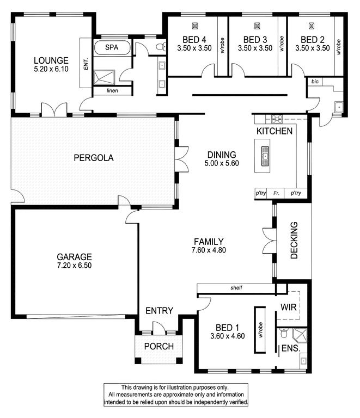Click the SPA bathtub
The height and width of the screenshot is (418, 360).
[112, 48]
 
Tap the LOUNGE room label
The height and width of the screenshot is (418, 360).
[51, 60]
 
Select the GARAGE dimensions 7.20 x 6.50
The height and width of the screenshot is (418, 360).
[75, 266]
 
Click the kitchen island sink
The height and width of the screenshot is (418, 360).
[265, 156]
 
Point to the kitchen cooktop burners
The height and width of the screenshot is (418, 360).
[277, 119]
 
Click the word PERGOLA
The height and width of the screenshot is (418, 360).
[94, 158]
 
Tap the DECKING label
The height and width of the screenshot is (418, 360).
[294, 241]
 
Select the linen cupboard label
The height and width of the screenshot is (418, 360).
[112, 91]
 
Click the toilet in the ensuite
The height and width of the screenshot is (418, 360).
[284, 333]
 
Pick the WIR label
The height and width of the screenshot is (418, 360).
[289, 307]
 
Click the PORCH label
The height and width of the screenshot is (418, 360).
[159, 346]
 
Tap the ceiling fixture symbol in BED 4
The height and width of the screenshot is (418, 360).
[195, 26]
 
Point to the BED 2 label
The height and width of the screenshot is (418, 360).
[313, 40]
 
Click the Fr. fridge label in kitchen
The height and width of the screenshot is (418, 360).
[276, 193]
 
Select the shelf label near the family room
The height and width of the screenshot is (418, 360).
[236, 287]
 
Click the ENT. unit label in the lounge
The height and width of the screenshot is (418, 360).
[86, 64]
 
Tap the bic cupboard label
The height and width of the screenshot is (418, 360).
[315, 82]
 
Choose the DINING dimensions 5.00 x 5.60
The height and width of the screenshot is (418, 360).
[222, 163]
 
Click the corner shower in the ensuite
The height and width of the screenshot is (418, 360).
[300, 335]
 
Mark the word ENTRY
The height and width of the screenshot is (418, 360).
[159, 311]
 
